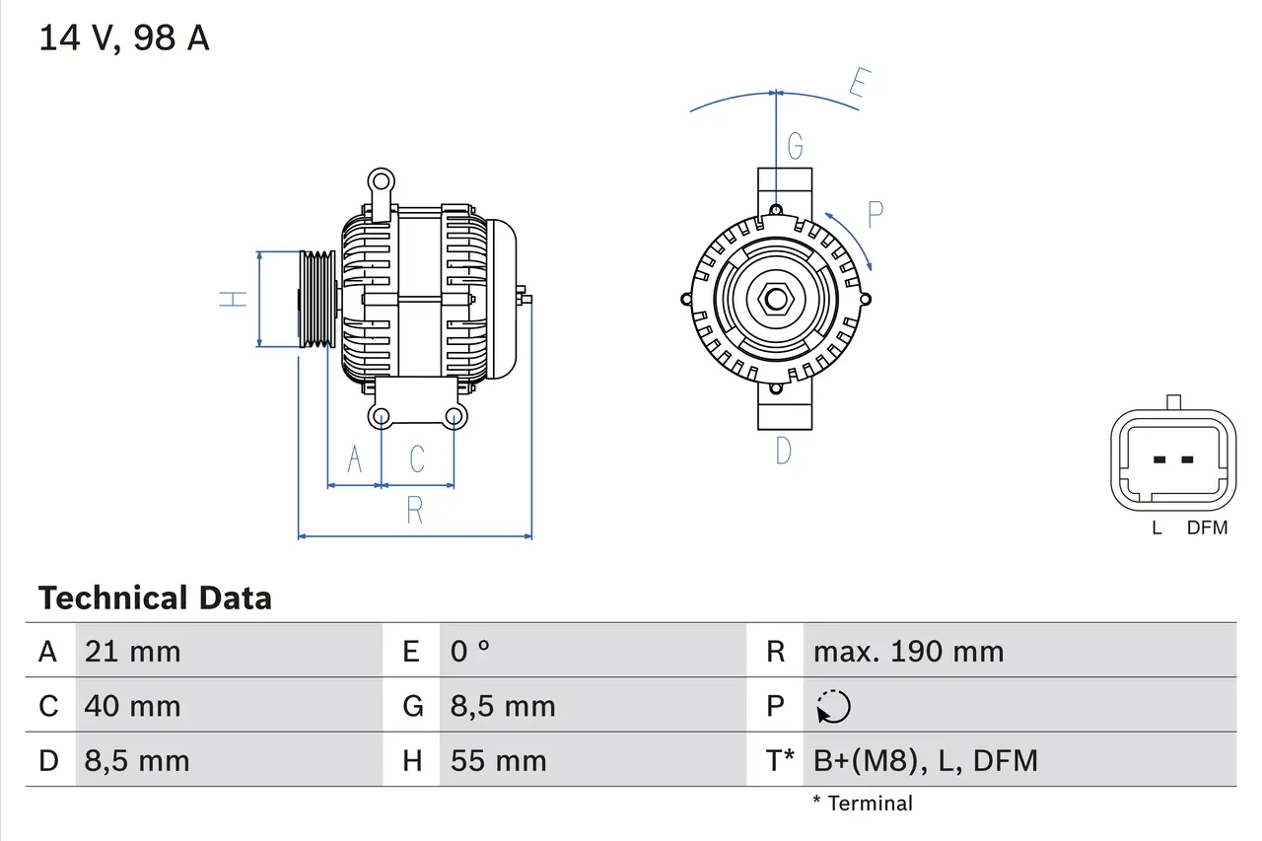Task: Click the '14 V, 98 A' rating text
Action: pyautogui.click(x=124, y=38)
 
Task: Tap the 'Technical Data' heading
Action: pyautogui.click(x=155, y=598)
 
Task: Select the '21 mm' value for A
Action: pyautogui.click(x=132, y=652)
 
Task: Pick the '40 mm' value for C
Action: pyautogui.click(x=132, y=706)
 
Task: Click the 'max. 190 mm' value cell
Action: pyautogui.click(x=908, y=652)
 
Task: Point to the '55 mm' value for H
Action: pyautogui.click(x=498, y=761)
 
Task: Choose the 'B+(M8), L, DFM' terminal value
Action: pyautogui.click(x=925, y=761)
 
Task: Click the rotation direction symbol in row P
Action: pyautogui.click(x=833, y=707)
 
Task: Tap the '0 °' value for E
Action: pyautogui.click(x=470, y=652)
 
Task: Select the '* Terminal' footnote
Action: pyautogui.click(x=863, y=804)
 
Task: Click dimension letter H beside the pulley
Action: pyautogui.click(x=233, y=299)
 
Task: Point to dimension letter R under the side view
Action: pyautogui.click(x=415, y=511)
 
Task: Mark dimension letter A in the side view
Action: pyautogui.click(x=354, y=459)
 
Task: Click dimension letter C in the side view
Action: pyautogui.click(x=417, y=459)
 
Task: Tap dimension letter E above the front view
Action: pyautogui.click(x=857, y=87)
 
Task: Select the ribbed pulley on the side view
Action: pyautogui.click(x=317, y=299)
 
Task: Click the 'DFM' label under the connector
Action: pyautogui.click(x=1207, y=528)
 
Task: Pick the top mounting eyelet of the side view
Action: pyautogui.click(x=380, y=181)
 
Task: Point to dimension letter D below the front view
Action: pyautogui.click(x=783, y=451)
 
